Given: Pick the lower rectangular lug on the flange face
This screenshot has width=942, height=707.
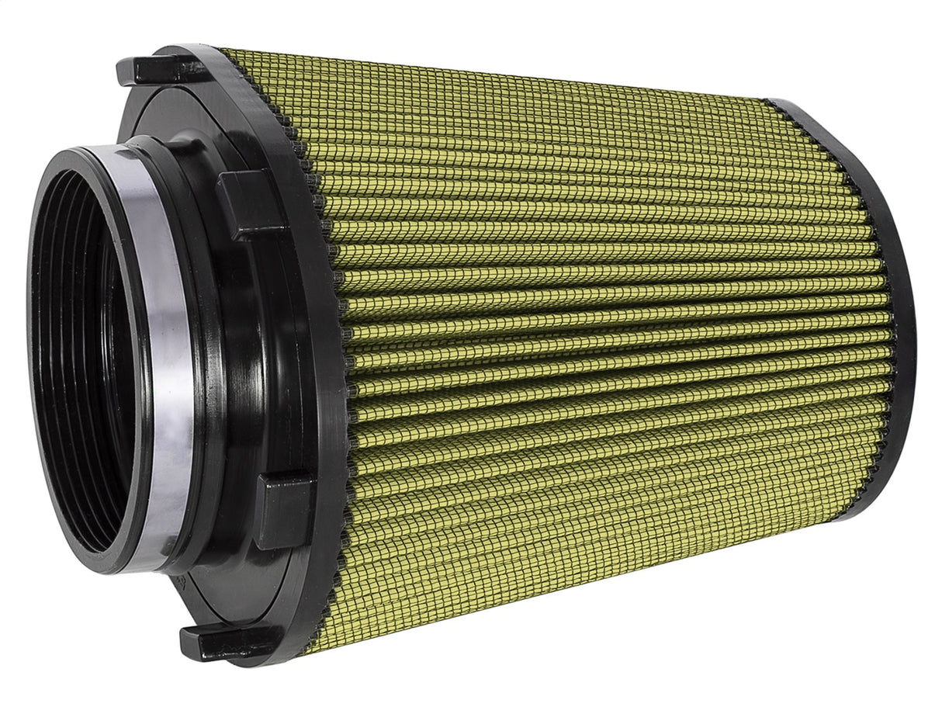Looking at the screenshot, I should pyautogui.click(x=282, y=511).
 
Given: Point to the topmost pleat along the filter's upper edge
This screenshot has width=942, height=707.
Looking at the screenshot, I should pyautogui.click(x=497, y=74).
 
